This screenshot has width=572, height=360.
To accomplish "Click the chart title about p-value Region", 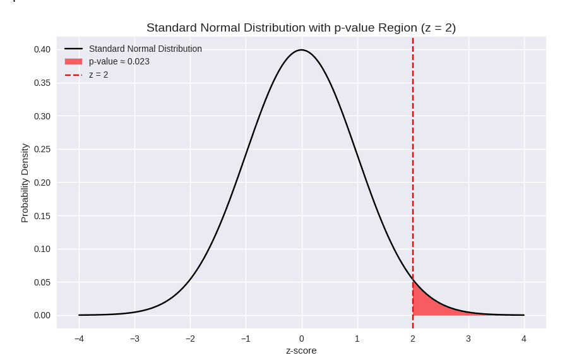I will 301,28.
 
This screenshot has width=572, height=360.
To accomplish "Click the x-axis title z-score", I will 301,351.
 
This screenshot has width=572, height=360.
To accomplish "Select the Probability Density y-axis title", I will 25,183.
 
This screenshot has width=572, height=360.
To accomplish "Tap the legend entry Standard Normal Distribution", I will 145,49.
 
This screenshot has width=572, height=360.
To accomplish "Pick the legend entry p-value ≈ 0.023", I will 119,61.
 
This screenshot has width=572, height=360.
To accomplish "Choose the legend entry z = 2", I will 98,75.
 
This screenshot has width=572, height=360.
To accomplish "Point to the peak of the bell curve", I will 301,50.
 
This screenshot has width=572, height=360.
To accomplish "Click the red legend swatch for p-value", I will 73,61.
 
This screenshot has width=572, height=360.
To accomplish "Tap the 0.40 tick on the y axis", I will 42,49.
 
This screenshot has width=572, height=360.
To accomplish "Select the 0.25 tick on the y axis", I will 42,149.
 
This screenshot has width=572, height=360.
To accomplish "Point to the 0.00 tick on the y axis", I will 42,315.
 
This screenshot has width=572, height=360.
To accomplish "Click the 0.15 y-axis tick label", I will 42,215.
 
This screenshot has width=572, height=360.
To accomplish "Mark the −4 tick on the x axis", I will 79,339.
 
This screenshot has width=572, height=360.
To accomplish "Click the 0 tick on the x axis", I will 301,339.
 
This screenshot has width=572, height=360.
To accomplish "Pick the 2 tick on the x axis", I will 413,339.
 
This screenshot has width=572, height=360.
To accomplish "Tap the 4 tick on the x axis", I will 524,339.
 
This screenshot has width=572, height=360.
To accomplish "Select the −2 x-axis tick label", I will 190,339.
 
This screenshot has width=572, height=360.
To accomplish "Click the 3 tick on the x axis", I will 468,339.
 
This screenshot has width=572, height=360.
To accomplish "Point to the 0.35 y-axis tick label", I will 42,83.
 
